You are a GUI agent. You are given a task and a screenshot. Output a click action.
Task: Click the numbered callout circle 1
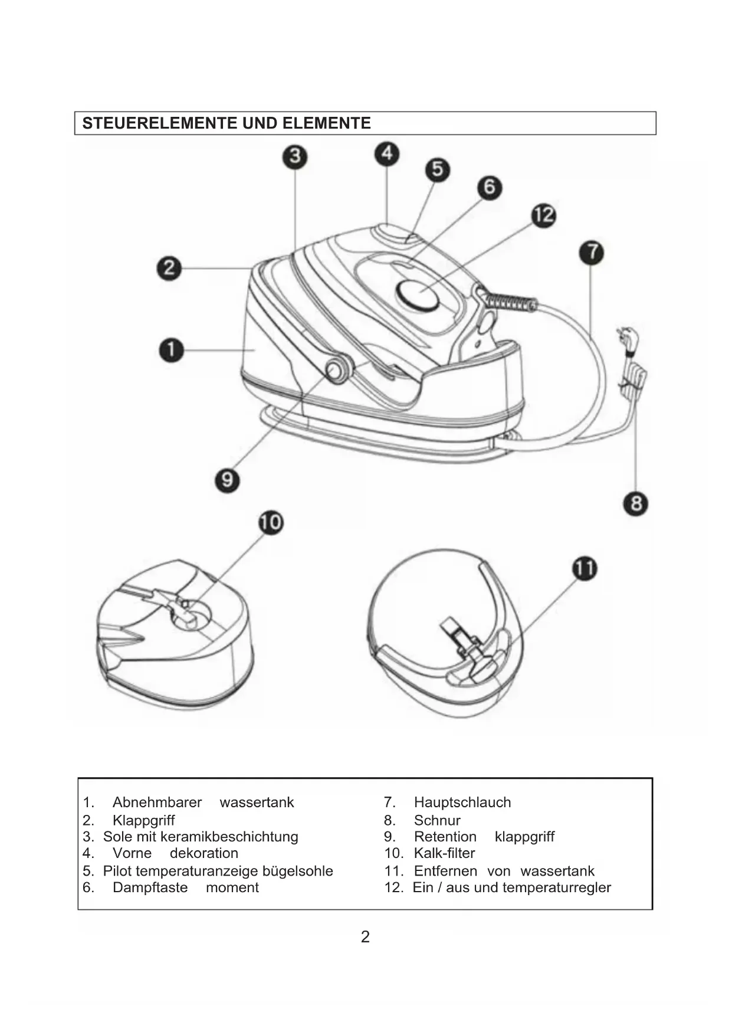(172, 350)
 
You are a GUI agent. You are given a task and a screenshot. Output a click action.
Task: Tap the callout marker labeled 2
(169, 268)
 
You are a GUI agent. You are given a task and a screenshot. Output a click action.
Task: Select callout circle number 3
(295, 157)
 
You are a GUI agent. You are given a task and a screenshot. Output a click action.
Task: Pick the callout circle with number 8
(636, 503)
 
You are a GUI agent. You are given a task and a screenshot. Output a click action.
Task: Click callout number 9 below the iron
(227, 479)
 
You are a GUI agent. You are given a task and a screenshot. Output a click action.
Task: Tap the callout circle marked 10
(271, 522)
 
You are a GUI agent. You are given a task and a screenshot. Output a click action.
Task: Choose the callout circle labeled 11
(585, 569)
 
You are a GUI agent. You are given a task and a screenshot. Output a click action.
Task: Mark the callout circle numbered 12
(544, 215)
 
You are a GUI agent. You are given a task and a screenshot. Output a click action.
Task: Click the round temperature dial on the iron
(418, 295)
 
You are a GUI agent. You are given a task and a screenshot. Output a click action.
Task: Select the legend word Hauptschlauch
(462, 803)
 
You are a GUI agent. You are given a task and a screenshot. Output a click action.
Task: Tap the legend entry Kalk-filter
(444, 853)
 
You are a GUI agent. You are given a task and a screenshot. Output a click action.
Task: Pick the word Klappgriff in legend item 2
(143, 821)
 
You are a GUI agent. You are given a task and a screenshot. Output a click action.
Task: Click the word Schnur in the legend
(437, 820)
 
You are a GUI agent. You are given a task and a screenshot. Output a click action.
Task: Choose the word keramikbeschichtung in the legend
(229, 837)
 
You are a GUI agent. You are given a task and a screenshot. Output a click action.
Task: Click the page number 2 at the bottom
(365, 936)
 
